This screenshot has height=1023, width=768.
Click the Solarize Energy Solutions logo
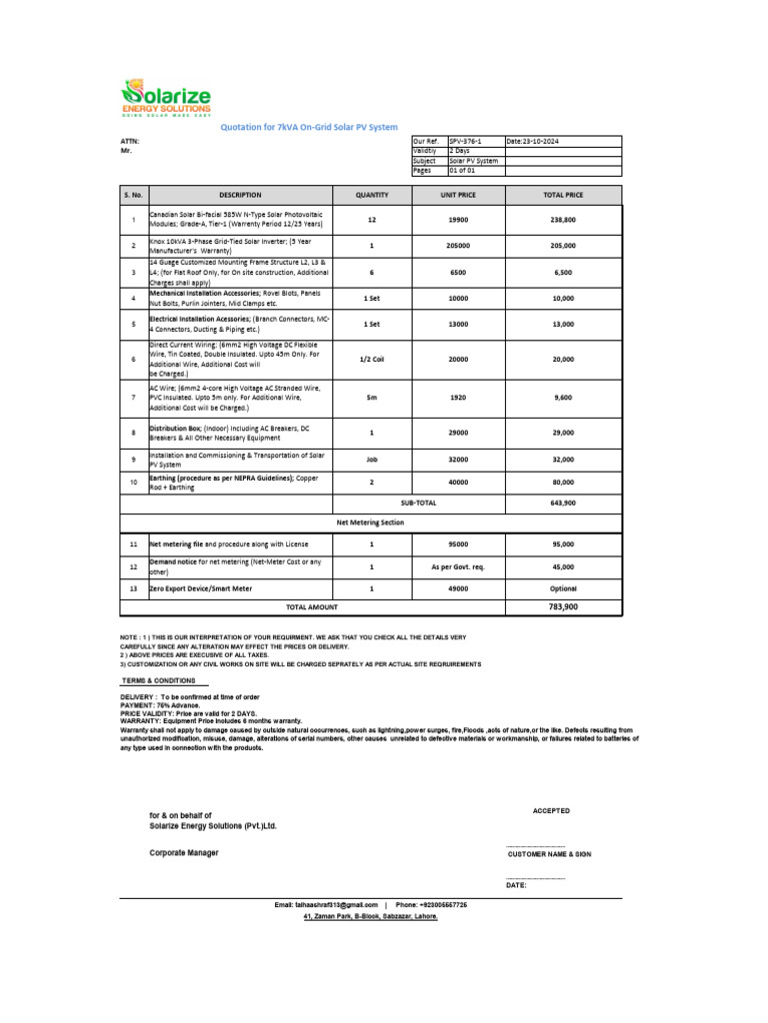[166, 99]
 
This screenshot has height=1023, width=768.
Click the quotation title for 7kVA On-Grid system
[308, 128]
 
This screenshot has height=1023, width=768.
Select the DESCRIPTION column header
[240, 195]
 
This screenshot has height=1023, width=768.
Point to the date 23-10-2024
[534, 142]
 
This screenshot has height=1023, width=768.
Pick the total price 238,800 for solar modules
[562, 219]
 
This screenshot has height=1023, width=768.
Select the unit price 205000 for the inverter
[459, 245]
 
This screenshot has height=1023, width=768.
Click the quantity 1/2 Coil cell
[372, 359]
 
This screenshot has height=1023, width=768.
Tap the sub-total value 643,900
[562, 503]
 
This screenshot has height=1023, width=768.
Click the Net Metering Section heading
[371, 522]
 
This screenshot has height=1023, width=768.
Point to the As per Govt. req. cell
[459, 566]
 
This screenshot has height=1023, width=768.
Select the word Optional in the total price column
[562, 588]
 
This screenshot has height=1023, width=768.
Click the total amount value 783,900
[562, 606]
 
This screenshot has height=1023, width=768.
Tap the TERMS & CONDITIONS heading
[164, 679]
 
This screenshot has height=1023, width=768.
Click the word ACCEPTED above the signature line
[551, 811]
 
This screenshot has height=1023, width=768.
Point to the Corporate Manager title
[184, 852]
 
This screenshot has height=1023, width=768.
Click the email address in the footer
[326, 904]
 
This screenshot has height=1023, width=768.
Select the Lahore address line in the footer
[370, 915]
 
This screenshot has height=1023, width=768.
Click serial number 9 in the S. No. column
[133, 459]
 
